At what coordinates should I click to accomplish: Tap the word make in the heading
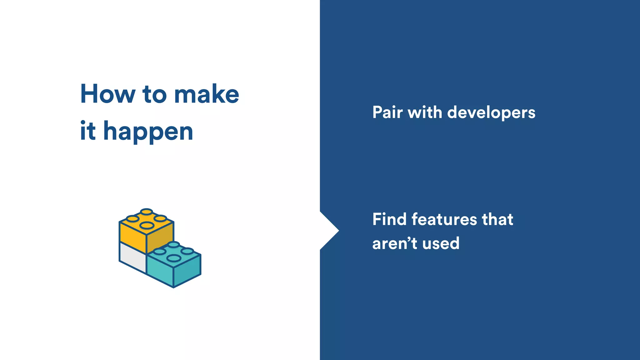[206, 94]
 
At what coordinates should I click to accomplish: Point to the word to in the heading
[155, 95]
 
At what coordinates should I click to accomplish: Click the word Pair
[387, 112]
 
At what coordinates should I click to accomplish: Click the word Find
[389, 219]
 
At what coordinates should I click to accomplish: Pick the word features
[444, 219]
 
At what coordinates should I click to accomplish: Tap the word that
[497, 219]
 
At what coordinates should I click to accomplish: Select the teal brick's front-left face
[159, 269]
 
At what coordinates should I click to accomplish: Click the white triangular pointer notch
[328, 231]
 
